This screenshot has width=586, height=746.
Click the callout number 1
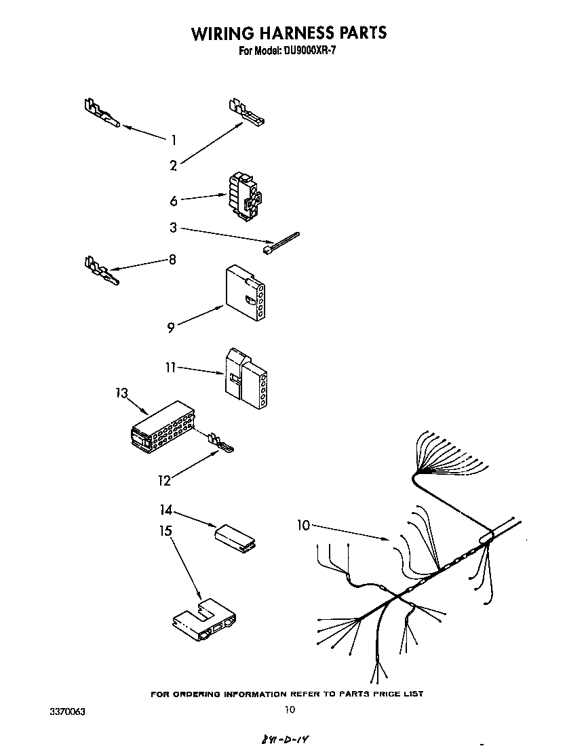click(x=174, y=140)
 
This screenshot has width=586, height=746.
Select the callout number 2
click(x=174, y=165)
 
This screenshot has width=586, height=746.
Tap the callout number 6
click(x=174, y=201)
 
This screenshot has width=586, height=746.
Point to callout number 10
click(x=304, y=524)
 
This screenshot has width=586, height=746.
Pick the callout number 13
click(x=121, y=393)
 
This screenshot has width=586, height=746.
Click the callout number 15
click(x=165, y=531)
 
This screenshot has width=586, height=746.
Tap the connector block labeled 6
click(x=244, y=196)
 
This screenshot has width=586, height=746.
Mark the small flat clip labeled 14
click(x=235, y=534)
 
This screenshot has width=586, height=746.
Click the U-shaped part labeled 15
click(x=203, y=619)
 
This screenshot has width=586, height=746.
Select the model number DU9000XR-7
click(x=307, y=50)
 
